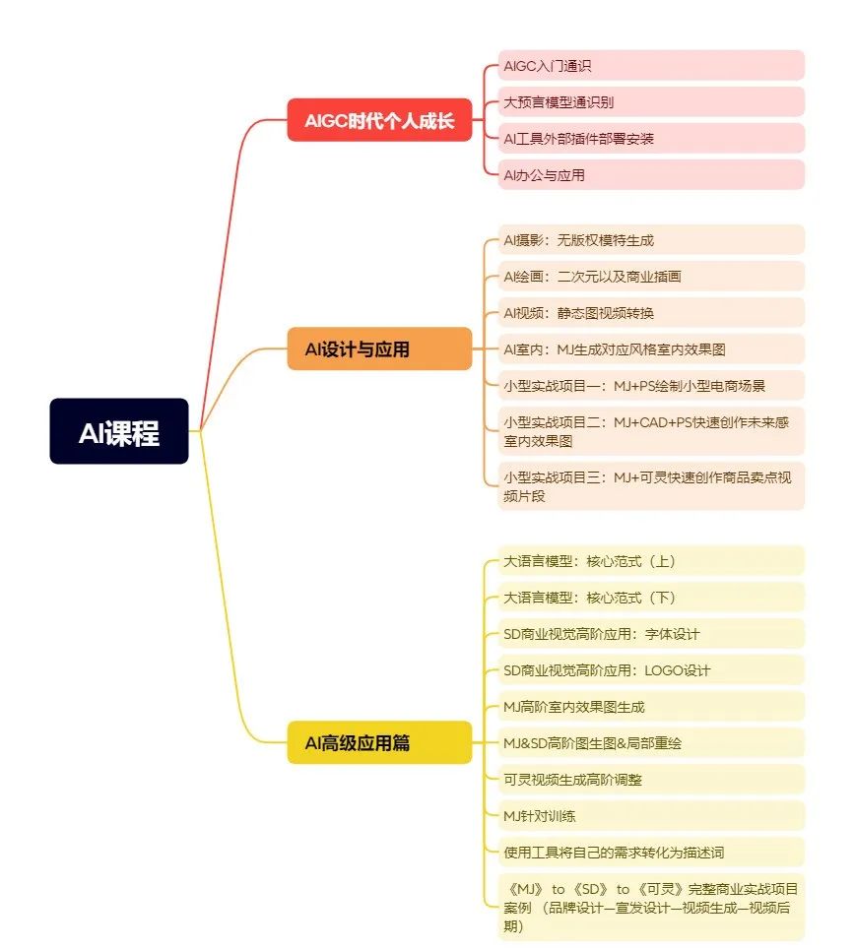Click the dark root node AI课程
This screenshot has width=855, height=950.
click(119, 431)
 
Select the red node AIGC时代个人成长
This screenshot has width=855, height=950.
click(379, 120)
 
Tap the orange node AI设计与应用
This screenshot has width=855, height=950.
click(379, 348)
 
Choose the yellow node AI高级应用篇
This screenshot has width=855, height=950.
click(379, 742)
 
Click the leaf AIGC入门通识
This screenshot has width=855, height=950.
click(651, 65)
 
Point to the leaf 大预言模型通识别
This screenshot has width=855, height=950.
click(651, 101)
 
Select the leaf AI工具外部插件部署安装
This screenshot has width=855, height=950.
click(651, 138)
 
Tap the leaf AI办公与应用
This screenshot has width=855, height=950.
click(651, 174)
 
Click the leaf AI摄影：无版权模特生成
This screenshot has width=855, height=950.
click(651, 240)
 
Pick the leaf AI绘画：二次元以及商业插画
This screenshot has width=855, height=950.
click(651, 277)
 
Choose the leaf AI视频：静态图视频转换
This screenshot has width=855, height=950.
click(651, 313)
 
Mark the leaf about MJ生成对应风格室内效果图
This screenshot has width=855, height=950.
click(651, 348)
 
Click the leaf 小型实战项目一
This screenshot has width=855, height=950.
click(651, 385)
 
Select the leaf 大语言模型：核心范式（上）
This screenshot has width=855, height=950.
click(651, 561)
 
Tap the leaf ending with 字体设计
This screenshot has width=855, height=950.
click(651, 634)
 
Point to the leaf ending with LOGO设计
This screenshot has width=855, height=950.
click(651, 670)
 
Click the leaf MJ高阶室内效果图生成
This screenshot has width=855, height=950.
click(651, 707)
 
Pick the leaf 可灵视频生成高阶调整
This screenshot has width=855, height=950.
click(651, 779)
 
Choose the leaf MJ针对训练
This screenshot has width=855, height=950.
click(651, 815)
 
